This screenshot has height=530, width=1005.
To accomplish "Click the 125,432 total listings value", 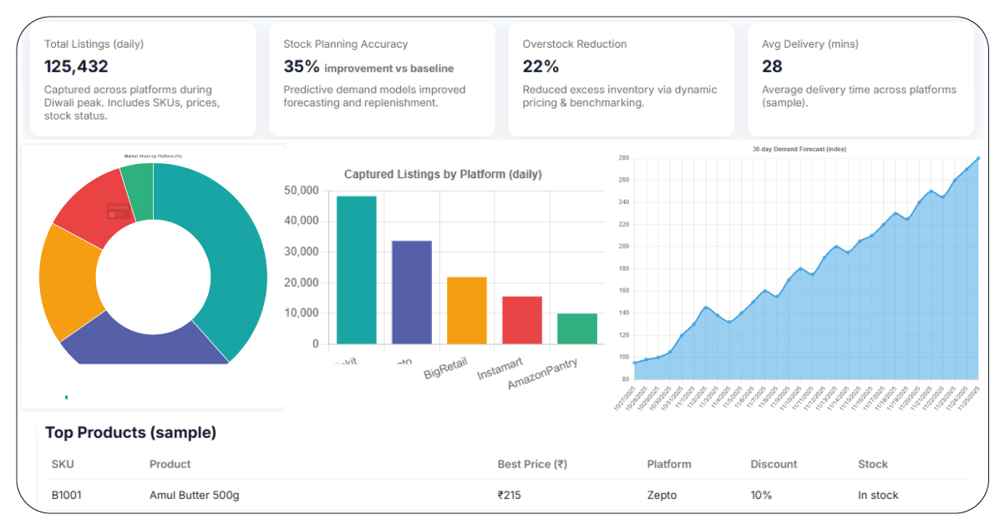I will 76,67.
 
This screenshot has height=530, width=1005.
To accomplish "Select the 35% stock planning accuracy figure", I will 301,67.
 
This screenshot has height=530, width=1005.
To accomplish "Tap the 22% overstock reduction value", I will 541,67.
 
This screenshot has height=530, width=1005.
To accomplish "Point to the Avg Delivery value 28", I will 772,67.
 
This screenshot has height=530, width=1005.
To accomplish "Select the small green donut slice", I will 138,179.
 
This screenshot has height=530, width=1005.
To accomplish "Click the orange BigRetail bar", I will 467,310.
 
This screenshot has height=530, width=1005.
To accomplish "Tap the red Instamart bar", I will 522,319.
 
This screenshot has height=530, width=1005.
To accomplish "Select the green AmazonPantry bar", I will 577,328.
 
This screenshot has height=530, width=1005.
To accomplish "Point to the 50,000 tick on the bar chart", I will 302,191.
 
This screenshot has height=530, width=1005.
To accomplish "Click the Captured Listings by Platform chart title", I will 443,174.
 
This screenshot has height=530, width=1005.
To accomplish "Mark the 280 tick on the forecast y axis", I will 623,157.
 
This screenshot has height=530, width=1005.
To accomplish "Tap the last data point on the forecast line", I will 978,157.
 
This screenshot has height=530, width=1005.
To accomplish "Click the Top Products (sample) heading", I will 130,432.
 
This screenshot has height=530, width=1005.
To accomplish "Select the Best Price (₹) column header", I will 532,464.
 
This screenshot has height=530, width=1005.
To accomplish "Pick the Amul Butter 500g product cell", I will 194,495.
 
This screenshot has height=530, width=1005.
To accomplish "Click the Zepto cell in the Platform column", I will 662,495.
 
